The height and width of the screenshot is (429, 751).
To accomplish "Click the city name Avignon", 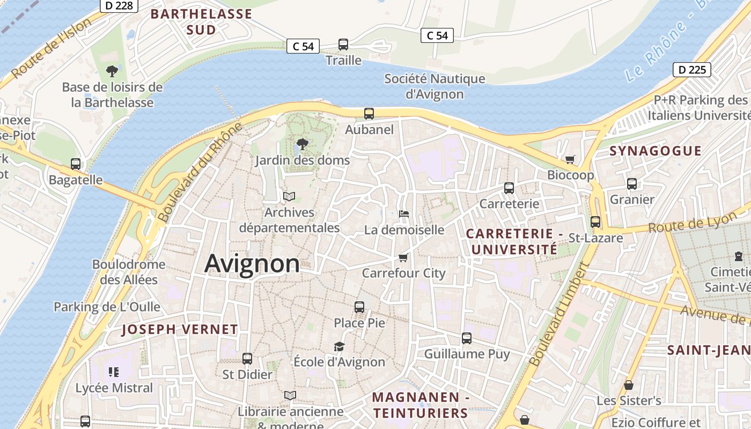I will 252,263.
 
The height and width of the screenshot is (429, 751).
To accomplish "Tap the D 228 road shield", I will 119,5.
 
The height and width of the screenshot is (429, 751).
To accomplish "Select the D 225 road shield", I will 692,69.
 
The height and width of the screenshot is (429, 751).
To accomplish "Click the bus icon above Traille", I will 343,45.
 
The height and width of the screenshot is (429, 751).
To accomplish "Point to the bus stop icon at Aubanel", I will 369,114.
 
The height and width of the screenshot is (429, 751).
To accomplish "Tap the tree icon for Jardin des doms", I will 302,144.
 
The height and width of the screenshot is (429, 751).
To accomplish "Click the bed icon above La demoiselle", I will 404,214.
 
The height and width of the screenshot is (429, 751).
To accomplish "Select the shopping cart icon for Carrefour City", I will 403,257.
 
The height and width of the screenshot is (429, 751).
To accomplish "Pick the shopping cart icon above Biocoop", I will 570,159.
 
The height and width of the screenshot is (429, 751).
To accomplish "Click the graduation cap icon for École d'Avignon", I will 339,346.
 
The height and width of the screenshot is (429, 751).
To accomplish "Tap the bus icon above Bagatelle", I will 76,164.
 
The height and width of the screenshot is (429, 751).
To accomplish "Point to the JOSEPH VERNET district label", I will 180,329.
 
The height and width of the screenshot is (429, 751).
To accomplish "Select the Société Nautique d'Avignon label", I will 435,86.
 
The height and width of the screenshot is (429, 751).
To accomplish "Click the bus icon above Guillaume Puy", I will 467,338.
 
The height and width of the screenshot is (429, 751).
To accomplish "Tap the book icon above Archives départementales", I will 289,196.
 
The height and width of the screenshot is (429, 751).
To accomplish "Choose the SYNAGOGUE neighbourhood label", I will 655,151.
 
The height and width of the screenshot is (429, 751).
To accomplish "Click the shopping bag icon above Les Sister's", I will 629,385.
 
